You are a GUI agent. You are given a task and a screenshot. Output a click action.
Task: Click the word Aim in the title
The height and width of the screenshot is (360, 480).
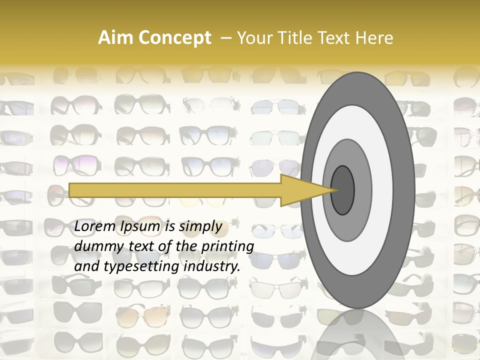pyautogui.click(x=115, y=38)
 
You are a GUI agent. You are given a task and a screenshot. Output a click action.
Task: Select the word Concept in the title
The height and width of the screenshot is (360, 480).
pyautogui.click(x=173, y=38)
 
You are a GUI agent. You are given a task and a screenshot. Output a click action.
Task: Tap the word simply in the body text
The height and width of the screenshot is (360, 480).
pyautogui.click(x=200, y=226)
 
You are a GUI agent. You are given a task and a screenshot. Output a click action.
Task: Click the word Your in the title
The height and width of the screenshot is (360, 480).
pyautogui.click(x=252, y=38)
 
